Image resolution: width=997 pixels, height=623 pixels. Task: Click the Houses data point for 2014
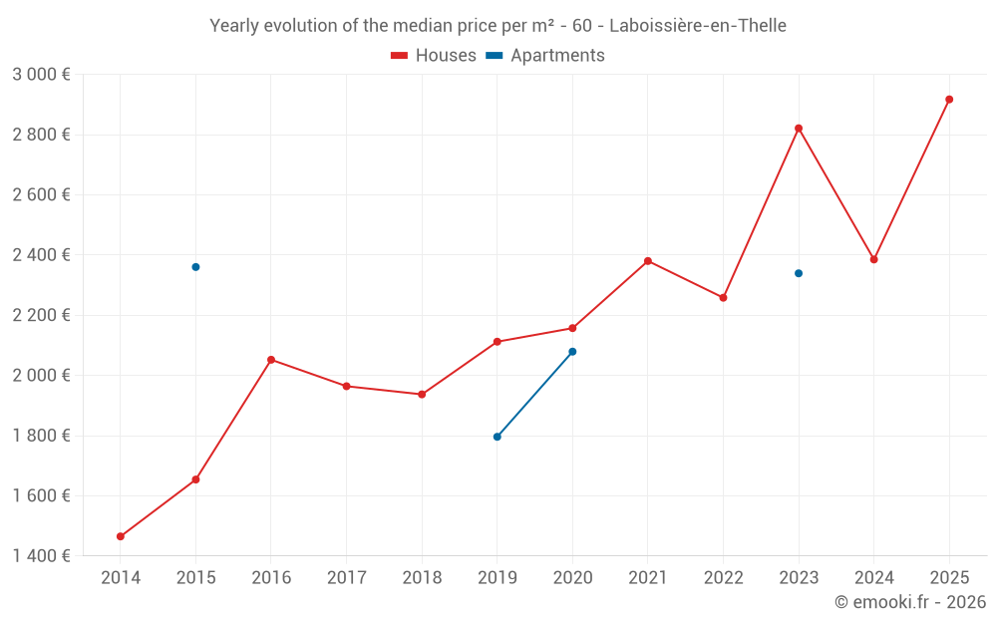click(121, 536)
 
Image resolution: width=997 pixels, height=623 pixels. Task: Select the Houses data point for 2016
click(271, 360)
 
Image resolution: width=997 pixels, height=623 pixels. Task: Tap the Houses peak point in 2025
click(949, 100)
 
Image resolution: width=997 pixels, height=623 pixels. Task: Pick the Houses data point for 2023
click(799, 129)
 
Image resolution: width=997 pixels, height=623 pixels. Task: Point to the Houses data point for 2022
click(723, 298)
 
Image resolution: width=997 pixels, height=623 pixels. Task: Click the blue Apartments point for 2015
click(195, 267)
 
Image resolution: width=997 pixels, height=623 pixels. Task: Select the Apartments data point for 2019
click(498, 437)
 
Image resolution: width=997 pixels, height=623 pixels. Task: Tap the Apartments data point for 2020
click(572, 352)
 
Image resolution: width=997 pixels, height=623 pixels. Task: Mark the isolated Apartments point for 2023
click(799, 273)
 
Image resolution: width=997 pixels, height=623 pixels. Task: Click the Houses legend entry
click(434, 56)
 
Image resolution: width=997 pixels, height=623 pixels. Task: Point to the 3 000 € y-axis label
click(41, 75)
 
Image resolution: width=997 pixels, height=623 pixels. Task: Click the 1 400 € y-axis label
click(41, 556)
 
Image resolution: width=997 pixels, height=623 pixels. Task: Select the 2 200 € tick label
click(41, 315)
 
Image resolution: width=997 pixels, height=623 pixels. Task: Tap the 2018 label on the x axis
click(422, 578)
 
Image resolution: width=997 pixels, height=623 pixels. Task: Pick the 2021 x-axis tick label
click(648, 578)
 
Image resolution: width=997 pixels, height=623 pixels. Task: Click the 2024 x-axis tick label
click(873, 578)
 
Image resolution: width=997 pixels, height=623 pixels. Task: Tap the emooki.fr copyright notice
click(909, 602)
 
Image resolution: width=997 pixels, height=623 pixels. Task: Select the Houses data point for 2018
click(422, 395)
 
